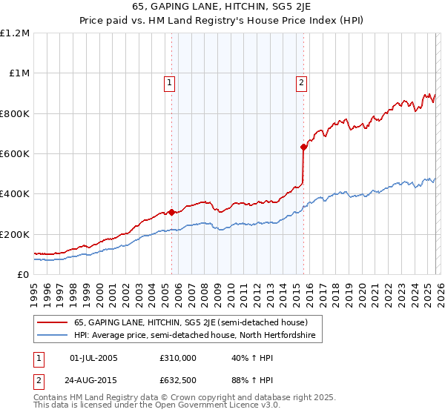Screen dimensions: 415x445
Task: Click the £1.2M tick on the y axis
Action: [x=15, y=33]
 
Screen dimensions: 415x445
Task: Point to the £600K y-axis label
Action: [x=15, y=154]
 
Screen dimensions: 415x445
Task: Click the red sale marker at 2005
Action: [x=171, y=212]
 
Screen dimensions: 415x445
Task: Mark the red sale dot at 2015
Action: [x=304, y=147]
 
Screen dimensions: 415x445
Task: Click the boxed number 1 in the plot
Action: [x=171, y=83]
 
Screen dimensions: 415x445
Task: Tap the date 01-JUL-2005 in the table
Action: [x=93, y=358]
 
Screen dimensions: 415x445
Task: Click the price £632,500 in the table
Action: [x=178, y=381]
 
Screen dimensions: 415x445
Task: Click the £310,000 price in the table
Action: [x=178, y=358]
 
